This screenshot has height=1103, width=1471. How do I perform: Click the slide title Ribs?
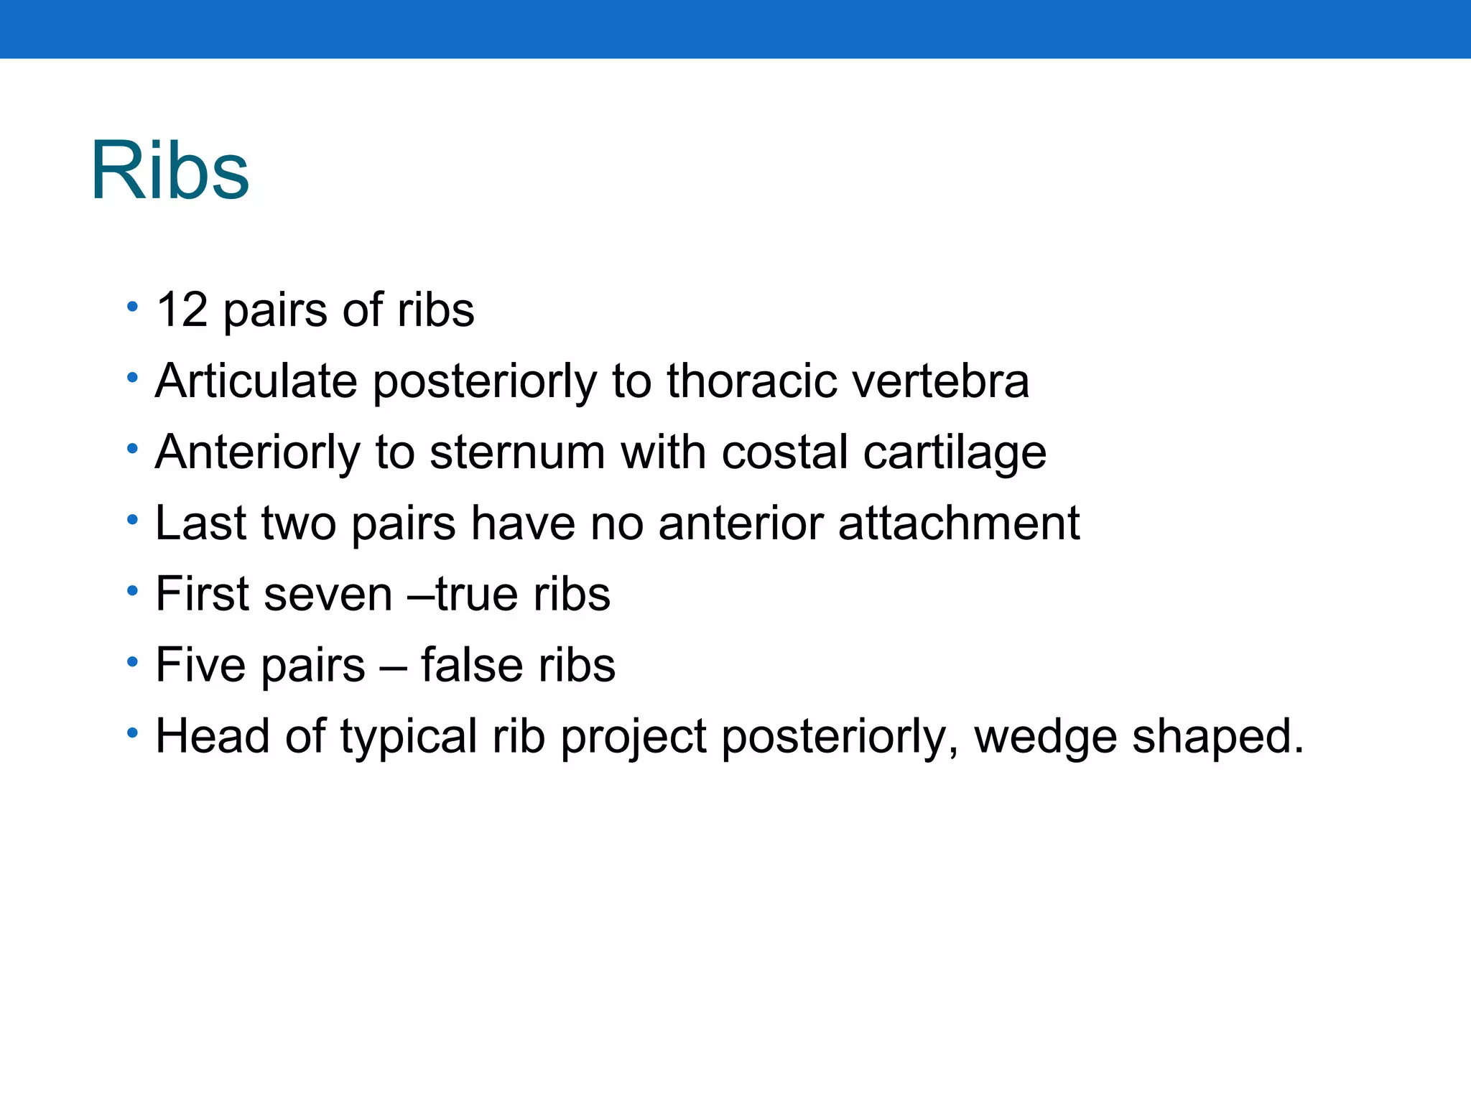pyautogui.click(x=170, y=171)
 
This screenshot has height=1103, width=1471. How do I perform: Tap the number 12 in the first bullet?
pyautogui.click(x=182, y=310)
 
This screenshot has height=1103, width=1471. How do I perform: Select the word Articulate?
pyautogui.click(x=256, y=381)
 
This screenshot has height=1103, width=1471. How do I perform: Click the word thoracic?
pyautogui.click(x=751, y=381)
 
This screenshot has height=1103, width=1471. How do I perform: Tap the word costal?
pyautogui.click(x=784, y=452)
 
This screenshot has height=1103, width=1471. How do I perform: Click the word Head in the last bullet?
pyautogui.click(x=213, y=736)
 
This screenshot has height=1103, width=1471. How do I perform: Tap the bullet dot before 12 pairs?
pyautogui.click(x=132, y=307)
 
